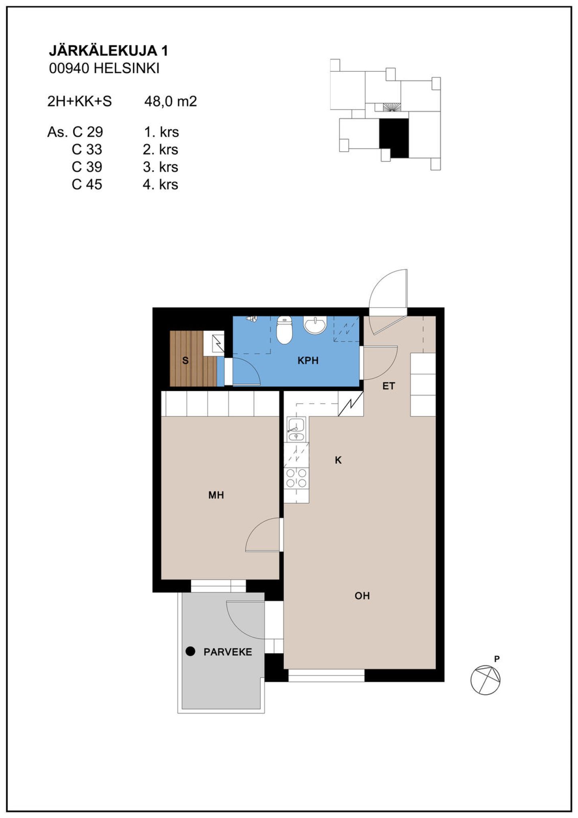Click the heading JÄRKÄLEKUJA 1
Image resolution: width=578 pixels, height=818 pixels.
pyautogui.click(x=108, y=51)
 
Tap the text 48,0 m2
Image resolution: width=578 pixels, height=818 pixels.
pyautogui.click(x=171, y=101)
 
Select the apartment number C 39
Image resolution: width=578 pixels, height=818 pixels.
pyautogui.click(x=87, y=167)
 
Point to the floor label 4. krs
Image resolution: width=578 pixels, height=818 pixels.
pyautogui.click(x=161, y=184)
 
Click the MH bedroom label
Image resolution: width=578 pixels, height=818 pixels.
pyautogui.click(x=216, y=495)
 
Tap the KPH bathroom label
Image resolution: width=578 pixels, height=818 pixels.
pyautogui.click(x=308, y=360)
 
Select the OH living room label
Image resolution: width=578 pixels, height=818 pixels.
pyautogui.click(x=362, y=596)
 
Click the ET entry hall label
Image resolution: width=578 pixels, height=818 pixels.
pyautogui.click(x=389, y=386)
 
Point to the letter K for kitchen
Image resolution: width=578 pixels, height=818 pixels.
pyautogui.click(x=338, y=460)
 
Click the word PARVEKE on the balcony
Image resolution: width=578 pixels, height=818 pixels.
pyautogui.click(x=228, y=652)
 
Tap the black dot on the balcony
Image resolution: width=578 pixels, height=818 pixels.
pyautogui.click(x=190, y=651)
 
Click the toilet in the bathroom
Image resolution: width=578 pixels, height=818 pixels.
pyautogui.click(x=285, y=330)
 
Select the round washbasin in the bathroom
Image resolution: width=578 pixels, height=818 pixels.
pyautogui.click(x=315, y=325)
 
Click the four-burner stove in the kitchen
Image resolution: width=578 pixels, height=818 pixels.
pyautogui.click(x=296, y=478)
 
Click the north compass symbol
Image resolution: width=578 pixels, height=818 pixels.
pyautogui.click(x=485, y=679)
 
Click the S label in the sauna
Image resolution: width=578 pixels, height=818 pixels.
pyautogui.click(x=185, y=360)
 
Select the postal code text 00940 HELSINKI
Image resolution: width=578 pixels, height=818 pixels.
pyautogui.click(x=104, y=68)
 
